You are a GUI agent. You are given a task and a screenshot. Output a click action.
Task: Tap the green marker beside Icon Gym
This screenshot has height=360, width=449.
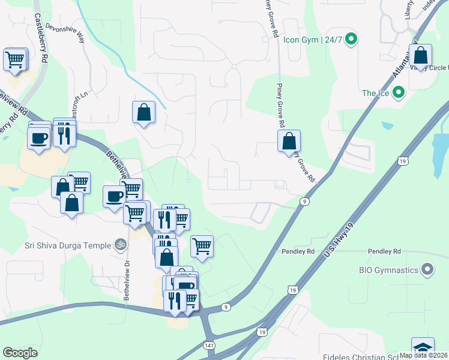352,40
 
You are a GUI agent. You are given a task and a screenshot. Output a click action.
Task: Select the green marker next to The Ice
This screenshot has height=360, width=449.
397,93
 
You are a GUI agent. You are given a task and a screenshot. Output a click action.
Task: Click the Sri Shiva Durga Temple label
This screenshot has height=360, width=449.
59,245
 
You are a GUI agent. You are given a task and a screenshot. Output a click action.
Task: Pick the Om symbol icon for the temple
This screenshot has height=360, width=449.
121,245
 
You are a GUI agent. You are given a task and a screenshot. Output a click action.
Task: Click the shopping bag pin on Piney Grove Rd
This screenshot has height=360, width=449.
289,142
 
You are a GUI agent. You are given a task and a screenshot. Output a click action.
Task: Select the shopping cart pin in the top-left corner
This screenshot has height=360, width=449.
15,59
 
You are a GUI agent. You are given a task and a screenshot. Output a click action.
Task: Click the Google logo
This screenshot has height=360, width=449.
20,353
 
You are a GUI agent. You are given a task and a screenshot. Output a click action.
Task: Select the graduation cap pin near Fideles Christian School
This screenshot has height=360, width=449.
422,349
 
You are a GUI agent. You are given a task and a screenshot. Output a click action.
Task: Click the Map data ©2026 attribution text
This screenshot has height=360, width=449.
423,355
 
